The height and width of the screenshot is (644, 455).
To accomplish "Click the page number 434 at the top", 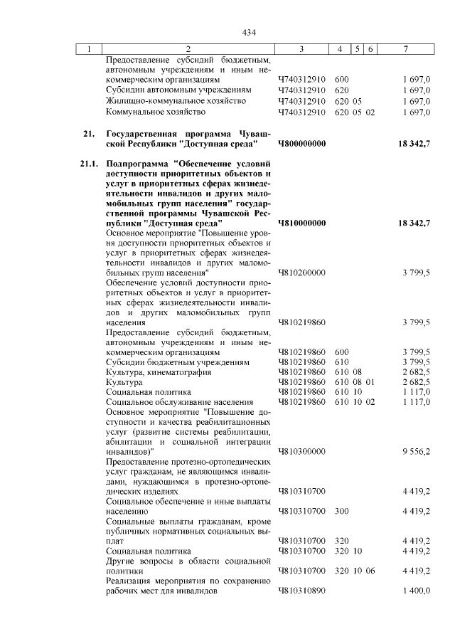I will point(248,32).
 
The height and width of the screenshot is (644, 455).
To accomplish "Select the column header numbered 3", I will point(302,48).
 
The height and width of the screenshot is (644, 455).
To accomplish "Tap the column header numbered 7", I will point(405,48).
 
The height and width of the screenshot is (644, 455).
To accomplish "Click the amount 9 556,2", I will point(416,451).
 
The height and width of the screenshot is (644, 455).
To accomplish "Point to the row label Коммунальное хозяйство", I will point(156,112).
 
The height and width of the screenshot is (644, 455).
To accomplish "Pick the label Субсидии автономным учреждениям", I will point(178,90).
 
